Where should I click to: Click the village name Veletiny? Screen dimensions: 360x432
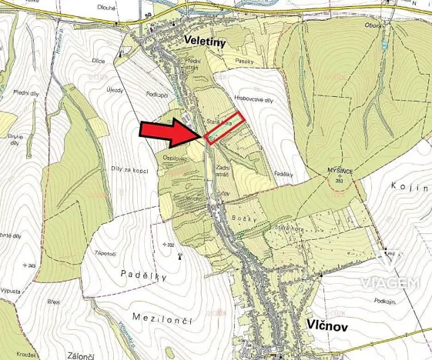(x=204, y=42)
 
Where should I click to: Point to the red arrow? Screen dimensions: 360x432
(x=172, y=133)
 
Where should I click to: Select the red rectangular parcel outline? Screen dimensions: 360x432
(x=226, y=127)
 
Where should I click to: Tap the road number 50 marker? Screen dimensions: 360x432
(x=148, y=14)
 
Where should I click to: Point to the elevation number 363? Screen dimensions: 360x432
(x=339, y=180)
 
